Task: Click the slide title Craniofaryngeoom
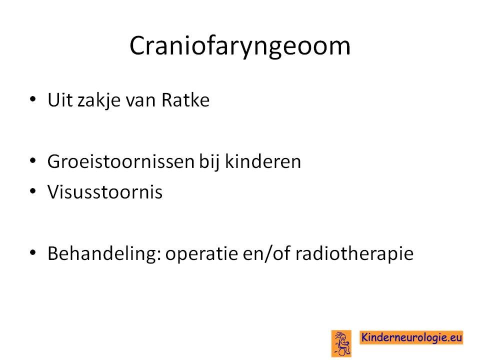click(x=239, y=46)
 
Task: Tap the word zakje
click(x=99, y=100)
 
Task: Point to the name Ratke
click(x=185, y=99)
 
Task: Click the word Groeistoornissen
click(x=121, y=161)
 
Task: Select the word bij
click(x=209, y=161)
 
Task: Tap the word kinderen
click(x=263, y=161)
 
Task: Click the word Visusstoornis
click(x=105, y=192)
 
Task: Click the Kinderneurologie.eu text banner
click(x=411, y=337)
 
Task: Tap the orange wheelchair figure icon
click(x=341, y=343)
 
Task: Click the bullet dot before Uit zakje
click(x=33, y=99)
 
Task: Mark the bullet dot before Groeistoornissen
click(x=33, y=160)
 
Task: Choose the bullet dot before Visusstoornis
click(x=33, y=191)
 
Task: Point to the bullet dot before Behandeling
click(x=33, y=252)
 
